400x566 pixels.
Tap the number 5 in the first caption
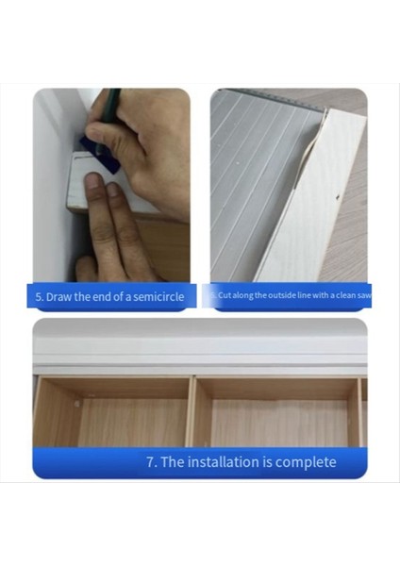click(39, 296)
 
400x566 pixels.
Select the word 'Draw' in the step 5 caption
click(58, 296)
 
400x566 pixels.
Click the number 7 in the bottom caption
click(150, 461)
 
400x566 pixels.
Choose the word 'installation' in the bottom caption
click(227, 461)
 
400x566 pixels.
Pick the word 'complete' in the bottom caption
click(303, 461)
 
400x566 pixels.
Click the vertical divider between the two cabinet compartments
click(193, 410)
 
